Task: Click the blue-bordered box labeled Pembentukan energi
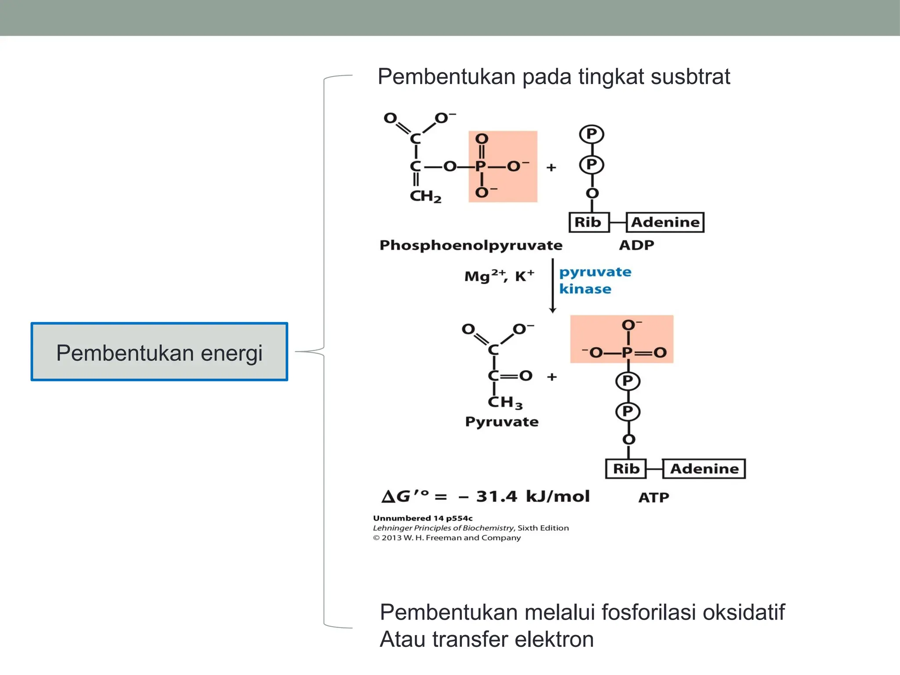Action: coord(159,352)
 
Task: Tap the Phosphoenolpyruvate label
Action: coord(471,245)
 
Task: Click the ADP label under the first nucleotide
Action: coord(636,245)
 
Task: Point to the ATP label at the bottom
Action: coord(653,497)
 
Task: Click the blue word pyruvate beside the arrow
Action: coord(595,272)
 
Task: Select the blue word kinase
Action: coord(585,289)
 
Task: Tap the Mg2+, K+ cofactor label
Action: coord(499,276)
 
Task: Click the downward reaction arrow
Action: coord(553,286)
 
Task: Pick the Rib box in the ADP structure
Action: coord(588,222)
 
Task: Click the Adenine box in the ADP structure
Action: coord(665,222)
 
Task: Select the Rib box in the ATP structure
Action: coord(626,468)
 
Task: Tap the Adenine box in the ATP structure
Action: coord(704,468)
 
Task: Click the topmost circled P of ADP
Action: coord(592,134)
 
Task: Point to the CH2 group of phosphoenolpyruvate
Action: coord(425,196)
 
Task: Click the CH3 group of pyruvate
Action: coord(505,402)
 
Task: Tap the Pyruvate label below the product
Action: coord(501,422)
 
